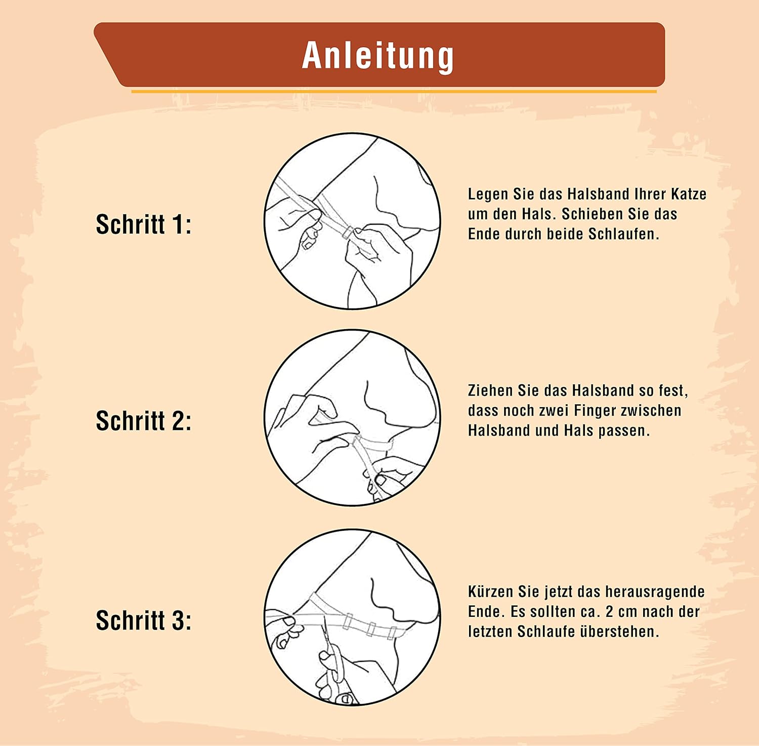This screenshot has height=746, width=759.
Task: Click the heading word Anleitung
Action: pyautogui.click(x=378, y=55)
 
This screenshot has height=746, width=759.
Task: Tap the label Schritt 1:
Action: pyautogui.click(x=144, y=224)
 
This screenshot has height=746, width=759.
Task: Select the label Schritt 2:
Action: pyautogui.click(x=144, y=421)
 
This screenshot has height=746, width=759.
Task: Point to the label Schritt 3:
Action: pyautogui.click(x=144, y=620)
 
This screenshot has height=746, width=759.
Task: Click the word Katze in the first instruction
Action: pyautogui.click(x=689, y=194)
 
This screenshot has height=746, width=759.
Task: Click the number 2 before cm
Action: pyautogui.click(x=609, y=612)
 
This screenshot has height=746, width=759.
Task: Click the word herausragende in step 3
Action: pyautogui.click(x=655, y=592)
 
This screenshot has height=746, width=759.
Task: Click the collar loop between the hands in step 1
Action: pyautogui.click(x=347, y=232)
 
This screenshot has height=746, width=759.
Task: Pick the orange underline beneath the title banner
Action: pyautogui.click(x=394, y=92)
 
